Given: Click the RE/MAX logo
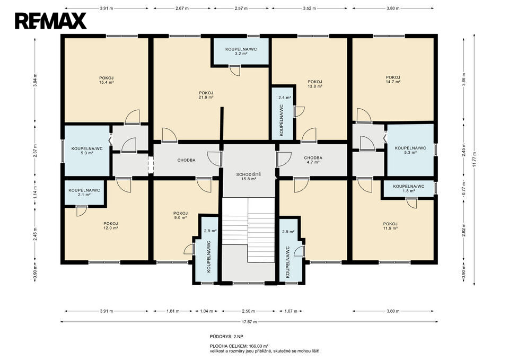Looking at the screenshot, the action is point(51,21).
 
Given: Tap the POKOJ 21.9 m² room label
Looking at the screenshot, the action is point(206,95).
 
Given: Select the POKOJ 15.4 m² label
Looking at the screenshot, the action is point(107,80).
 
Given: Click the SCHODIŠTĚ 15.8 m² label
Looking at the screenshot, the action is point(249,176).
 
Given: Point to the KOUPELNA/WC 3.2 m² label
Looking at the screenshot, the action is point(241,51).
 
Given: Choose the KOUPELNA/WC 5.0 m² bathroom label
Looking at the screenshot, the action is point(87,151).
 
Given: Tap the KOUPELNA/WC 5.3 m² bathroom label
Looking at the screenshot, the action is point(410,150).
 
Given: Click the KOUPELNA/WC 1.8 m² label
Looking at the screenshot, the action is point(409,189).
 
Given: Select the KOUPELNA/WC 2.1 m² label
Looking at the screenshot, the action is point(84,192).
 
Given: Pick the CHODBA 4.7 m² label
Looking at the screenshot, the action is point(313,160).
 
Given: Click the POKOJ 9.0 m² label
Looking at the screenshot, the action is point(180,215).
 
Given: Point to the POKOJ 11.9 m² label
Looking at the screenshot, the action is point(390,226).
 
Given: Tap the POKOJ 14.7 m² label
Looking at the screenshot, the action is point(393,80).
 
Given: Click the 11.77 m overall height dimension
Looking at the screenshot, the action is point(474,160).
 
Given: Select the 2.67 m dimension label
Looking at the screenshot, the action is point(182,8).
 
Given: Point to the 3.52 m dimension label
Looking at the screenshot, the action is point(309,8).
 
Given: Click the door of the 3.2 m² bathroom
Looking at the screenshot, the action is point(235,70).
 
